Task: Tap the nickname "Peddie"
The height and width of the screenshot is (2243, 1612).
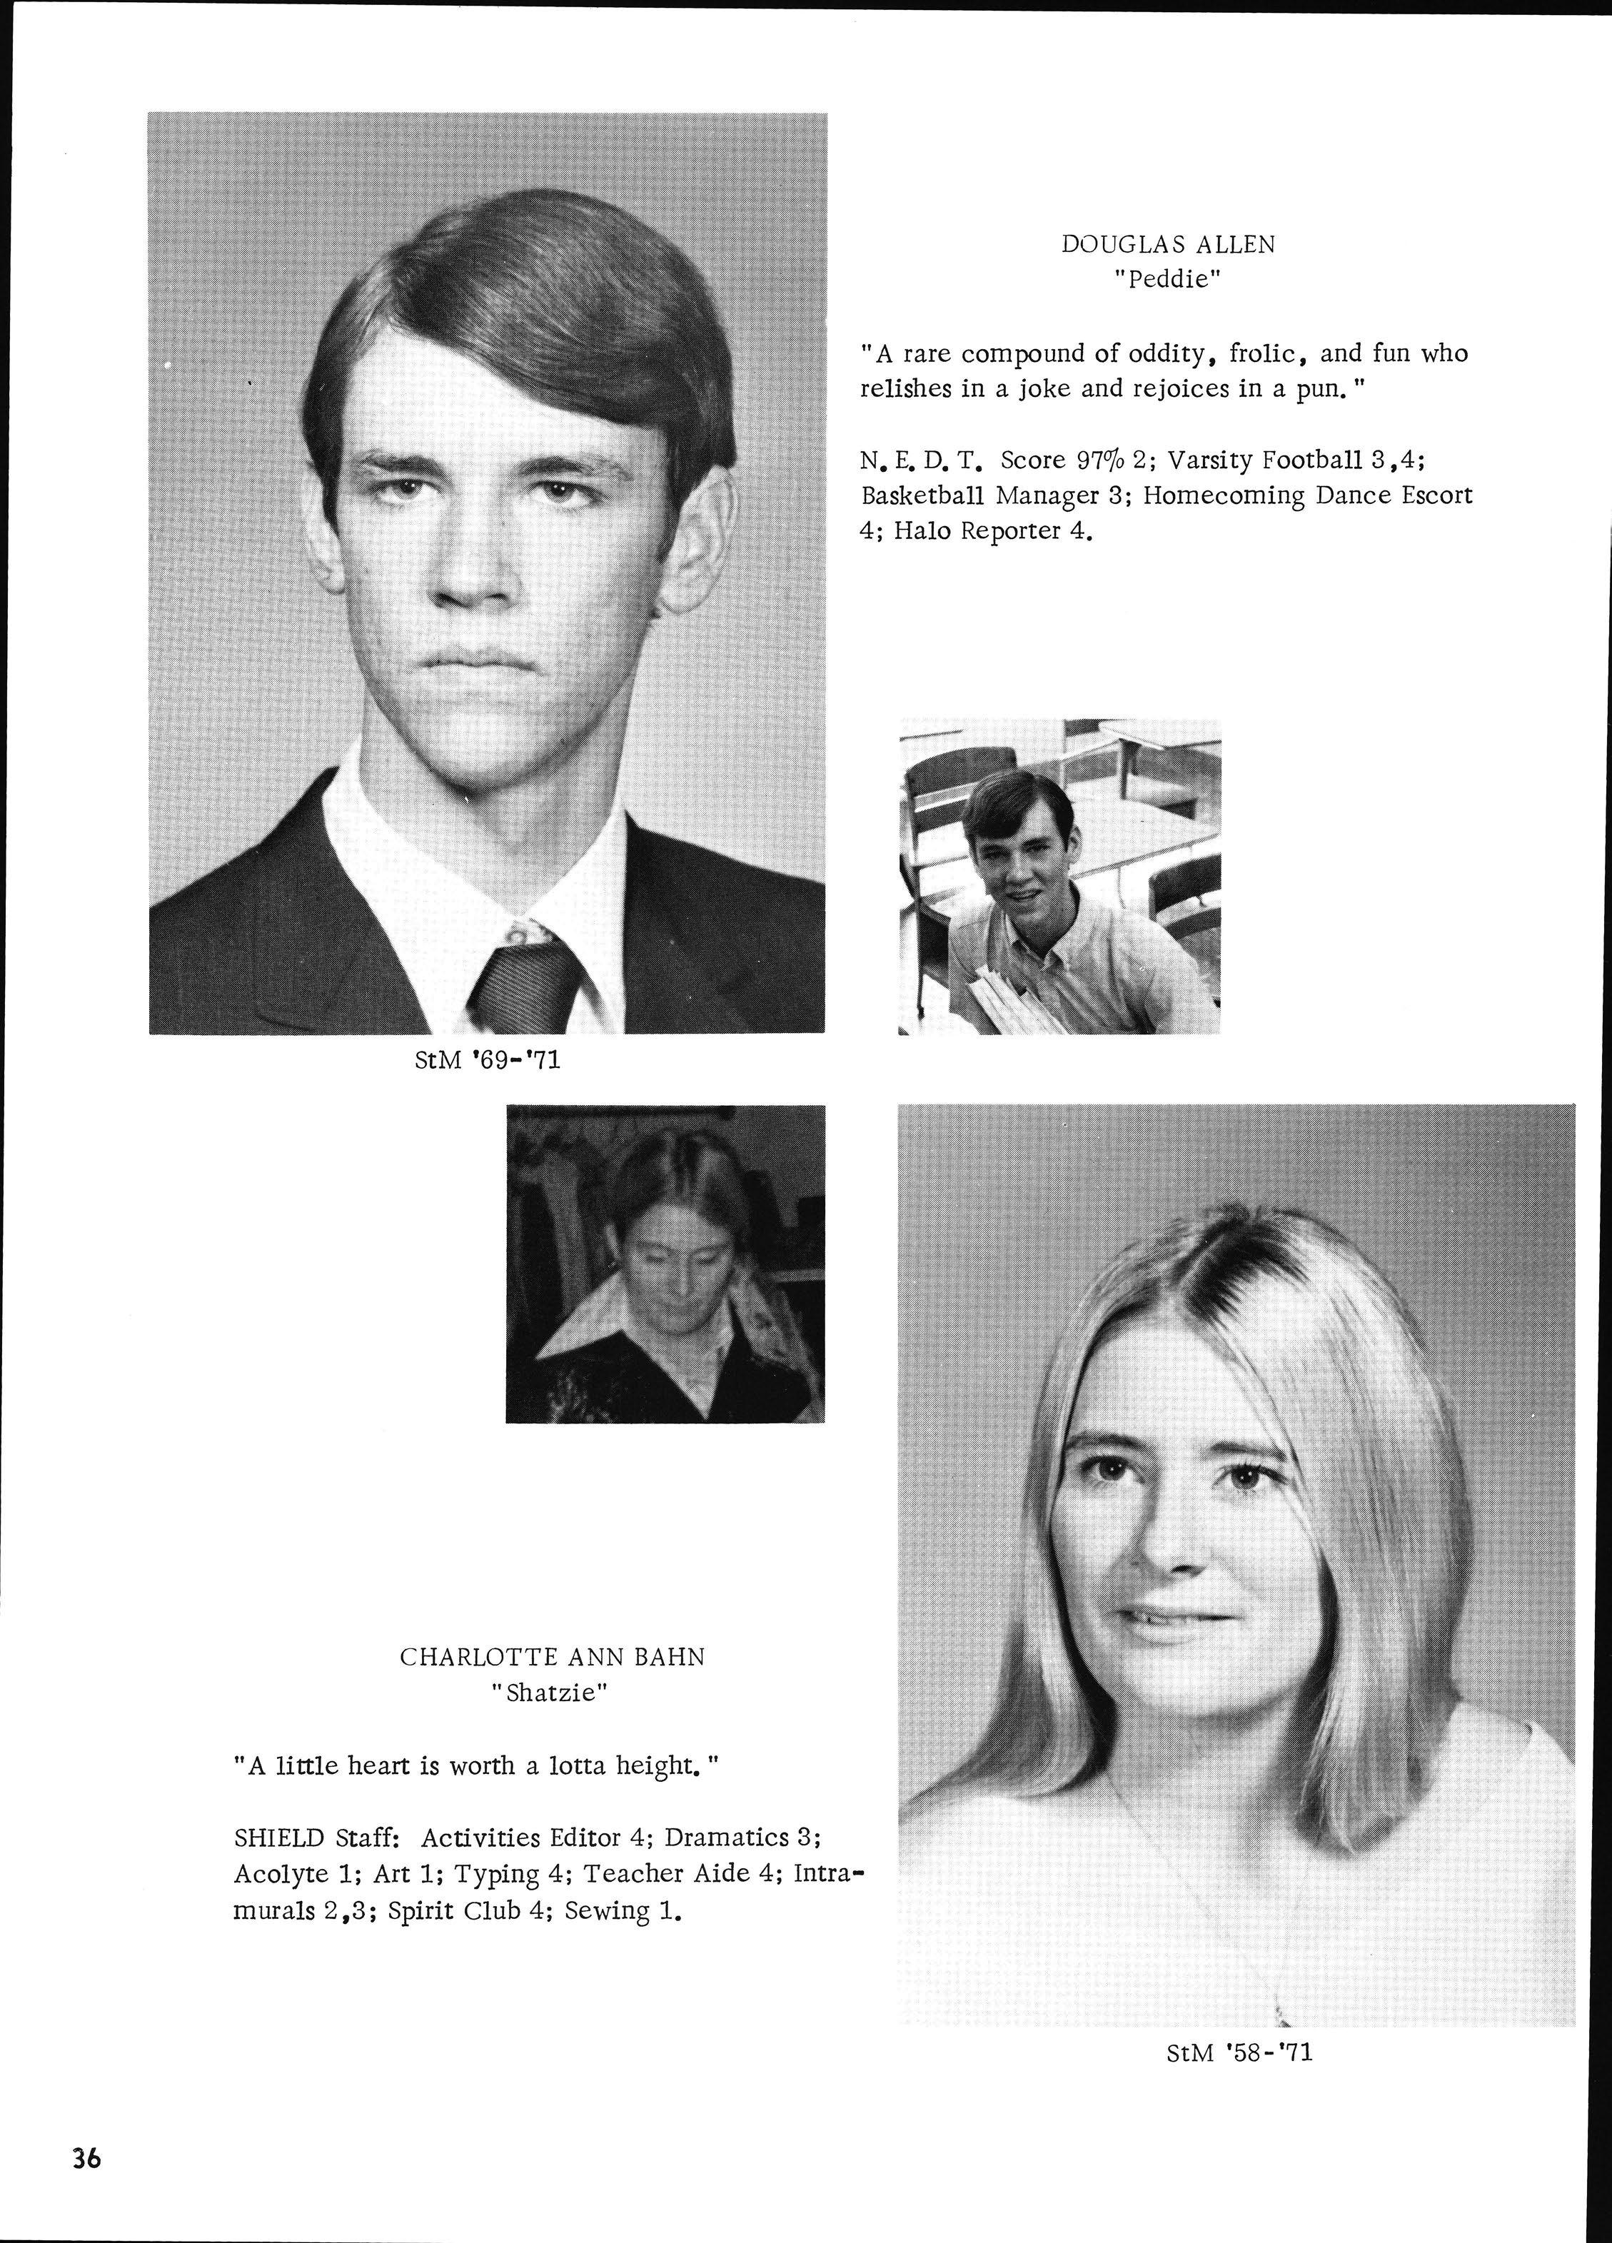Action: tap(1168, 280)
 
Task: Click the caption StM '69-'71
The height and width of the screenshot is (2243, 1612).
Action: tap(488, 1061)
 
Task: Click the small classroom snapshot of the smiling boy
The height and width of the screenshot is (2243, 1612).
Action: tap(1059, 876)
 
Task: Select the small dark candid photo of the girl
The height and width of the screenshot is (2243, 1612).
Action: tap(665, 1264)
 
